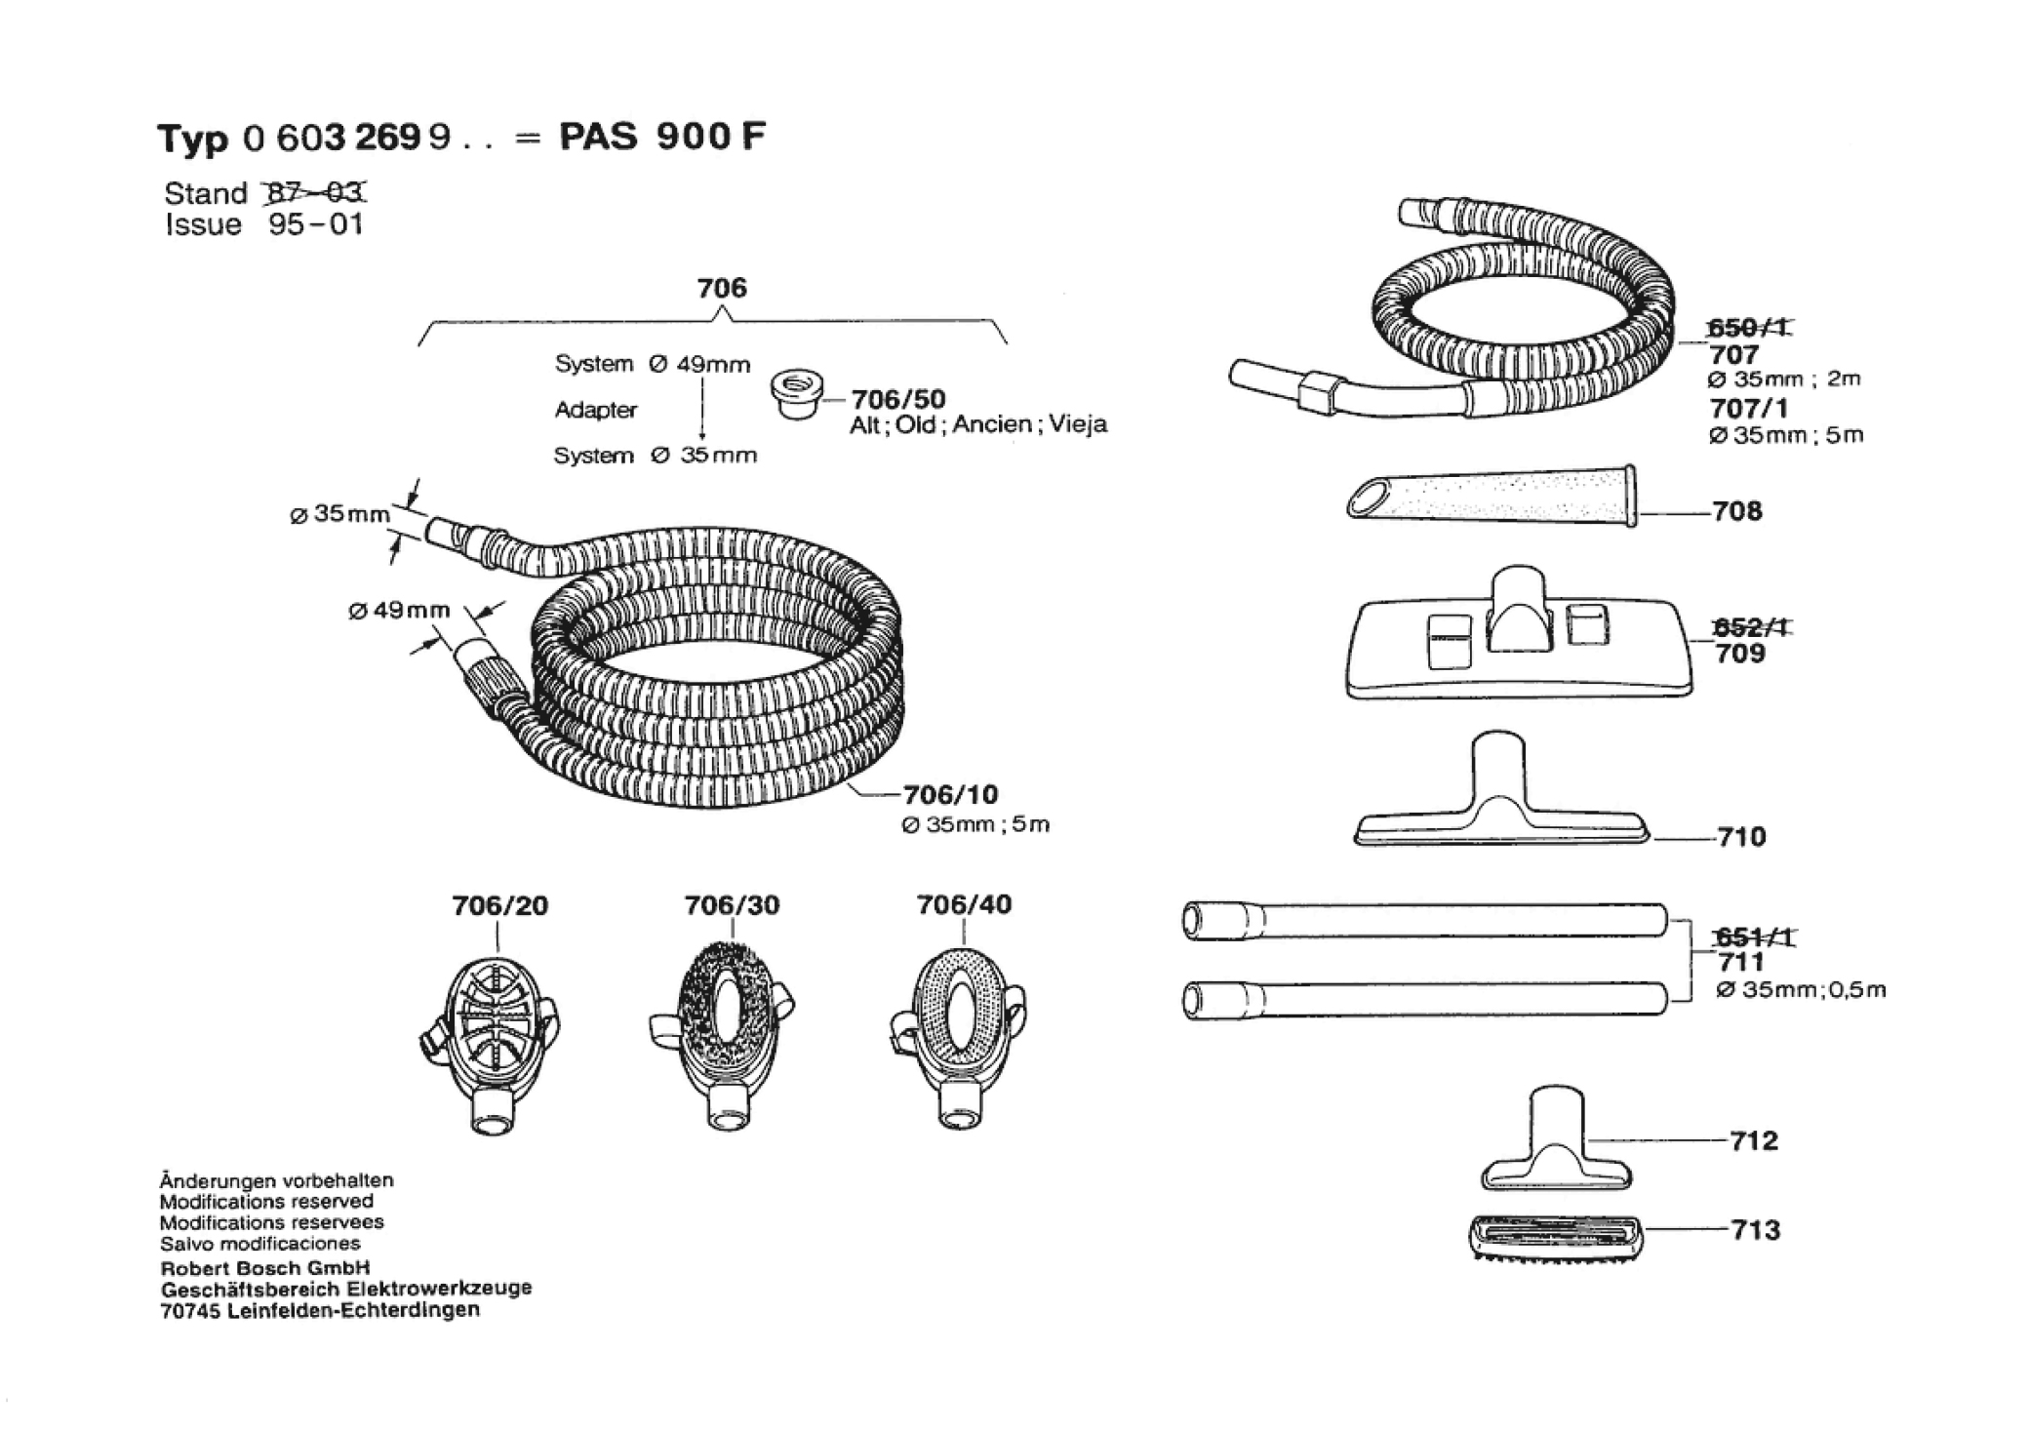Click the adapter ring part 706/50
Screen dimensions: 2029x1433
point(797,394)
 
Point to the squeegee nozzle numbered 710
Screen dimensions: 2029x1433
point(1501,790)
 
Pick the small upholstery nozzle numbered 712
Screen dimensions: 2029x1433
point(1557,1139)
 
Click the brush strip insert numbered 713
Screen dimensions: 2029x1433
point(1555,1238)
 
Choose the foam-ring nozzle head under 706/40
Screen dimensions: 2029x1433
point(960,1036)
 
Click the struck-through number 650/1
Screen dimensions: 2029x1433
point(1748,329)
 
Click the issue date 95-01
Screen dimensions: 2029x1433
point(316,224)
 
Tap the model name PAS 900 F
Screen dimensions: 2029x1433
point(662,137)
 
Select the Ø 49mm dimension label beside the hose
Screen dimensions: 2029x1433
point(399,611)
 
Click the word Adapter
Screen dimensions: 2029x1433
point(596,410)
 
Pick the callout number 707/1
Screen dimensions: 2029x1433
point(1747,408)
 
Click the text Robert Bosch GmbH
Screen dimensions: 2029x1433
point(265,1269)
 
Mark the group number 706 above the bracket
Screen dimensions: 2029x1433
point(722,288)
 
